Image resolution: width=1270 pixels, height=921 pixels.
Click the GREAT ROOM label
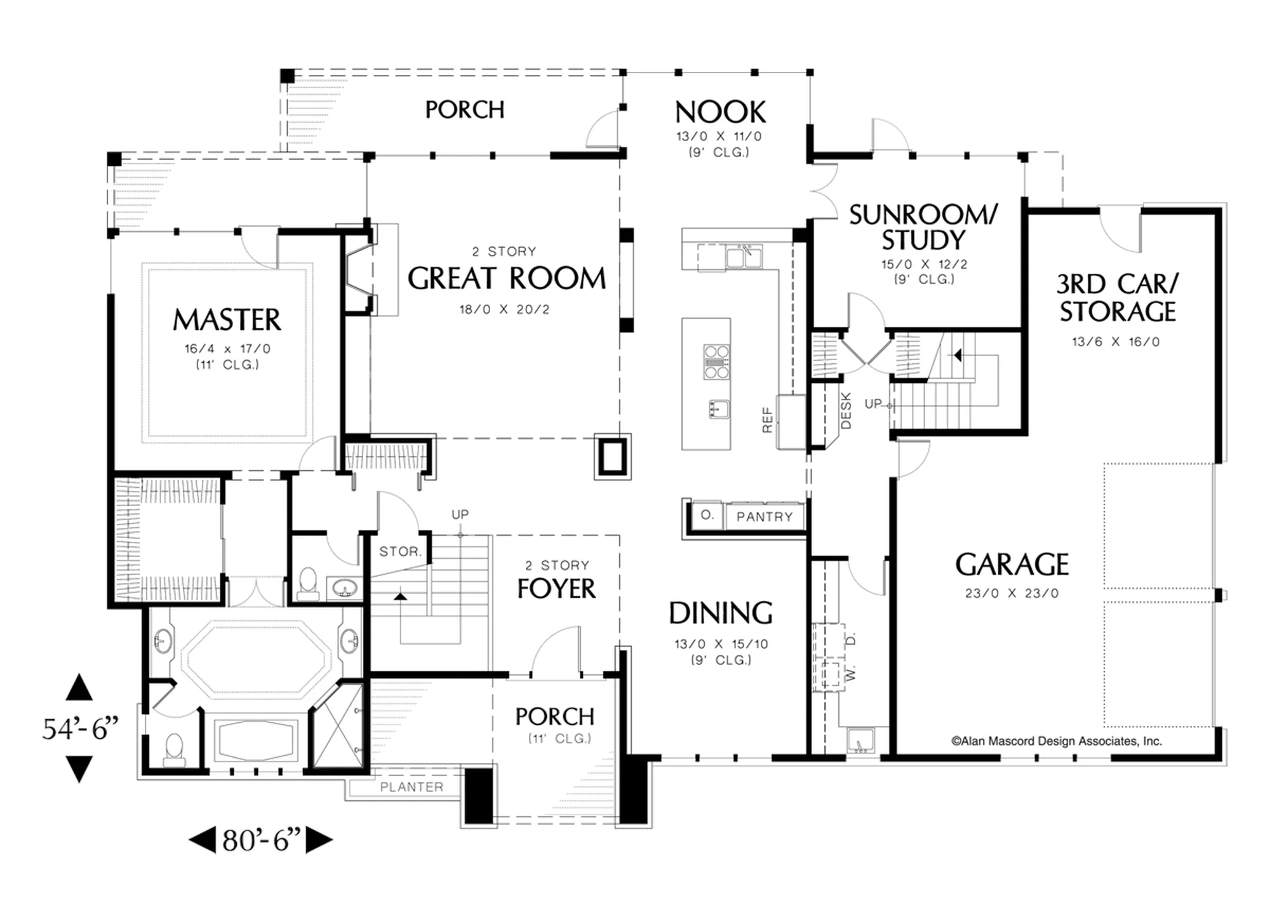[507, 278]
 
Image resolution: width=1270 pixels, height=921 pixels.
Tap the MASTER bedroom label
[227, 319]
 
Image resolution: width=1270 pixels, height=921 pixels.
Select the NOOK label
[720, 112]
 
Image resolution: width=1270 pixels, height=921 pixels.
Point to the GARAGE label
[1012, 565]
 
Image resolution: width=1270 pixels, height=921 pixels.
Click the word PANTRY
[765, 517]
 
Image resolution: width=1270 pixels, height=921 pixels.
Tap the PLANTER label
[411, 787]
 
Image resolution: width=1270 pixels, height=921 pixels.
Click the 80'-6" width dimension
[261, 840]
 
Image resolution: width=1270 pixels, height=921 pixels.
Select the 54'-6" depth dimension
[81, 729]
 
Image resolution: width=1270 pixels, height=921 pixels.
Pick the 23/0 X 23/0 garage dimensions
[1012, 593]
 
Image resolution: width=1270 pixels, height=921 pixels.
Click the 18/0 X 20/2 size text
[504, 309]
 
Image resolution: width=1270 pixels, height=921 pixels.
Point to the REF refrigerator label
[767, 420]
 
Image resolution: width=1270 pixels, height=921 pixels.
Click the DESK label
[846, 410]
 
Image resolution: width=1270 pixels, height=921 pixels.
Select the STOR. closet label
[400, 551]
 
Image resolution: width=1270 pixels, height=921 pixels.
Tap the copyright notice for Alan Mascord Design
[1057, 741]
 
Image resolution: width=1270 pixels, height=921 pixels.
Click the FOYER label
[556, 589]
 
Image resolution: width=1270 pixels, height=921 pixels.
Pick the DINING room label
[721, 614]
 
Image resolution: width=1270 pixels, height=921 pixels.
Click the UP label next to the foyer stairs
[460, 514]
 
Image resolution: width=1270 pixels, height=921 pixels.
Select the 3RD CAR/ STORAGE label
[1118, 298]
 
